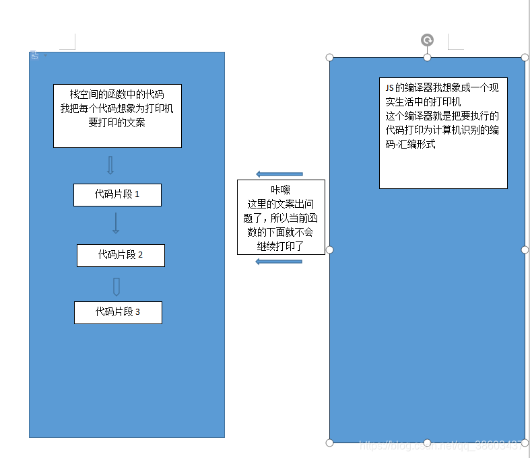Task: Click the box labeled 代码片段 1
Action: pos(117,194)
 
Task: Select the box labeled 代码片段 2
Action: pos(121,255)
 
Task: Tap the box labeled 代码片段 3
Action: pos(118,312)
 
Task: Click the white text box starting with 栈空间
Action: pos(117,116)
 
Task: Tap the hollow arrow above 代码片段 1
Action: pos(111,165)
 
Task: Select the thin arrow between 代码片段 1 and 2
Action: pos(116,223)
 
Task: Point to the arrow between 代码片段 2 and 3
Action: pos(117,287)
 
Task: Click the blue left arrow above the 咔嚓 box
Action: pos(279,174)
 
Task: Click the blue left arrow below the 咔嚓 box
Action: pos(279,261)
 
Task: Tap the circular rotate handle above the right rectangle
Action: pos(427,40)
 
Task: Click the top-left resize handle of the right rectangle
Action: pos(330,57)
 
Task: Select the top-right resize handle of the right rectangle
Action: pos(525,57)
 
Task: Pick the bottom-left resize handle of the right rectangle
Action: pos(330,443)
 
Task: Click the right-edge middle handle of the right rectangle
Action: pos(525,250)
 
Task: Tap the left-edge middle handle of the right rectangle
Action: pos(330,250)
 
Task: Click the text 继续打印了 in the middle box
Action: pos(280,246)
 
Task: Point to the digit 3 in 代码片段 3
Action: pos(137,312)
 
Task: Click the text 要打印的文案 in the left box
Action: pos(117,122)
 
